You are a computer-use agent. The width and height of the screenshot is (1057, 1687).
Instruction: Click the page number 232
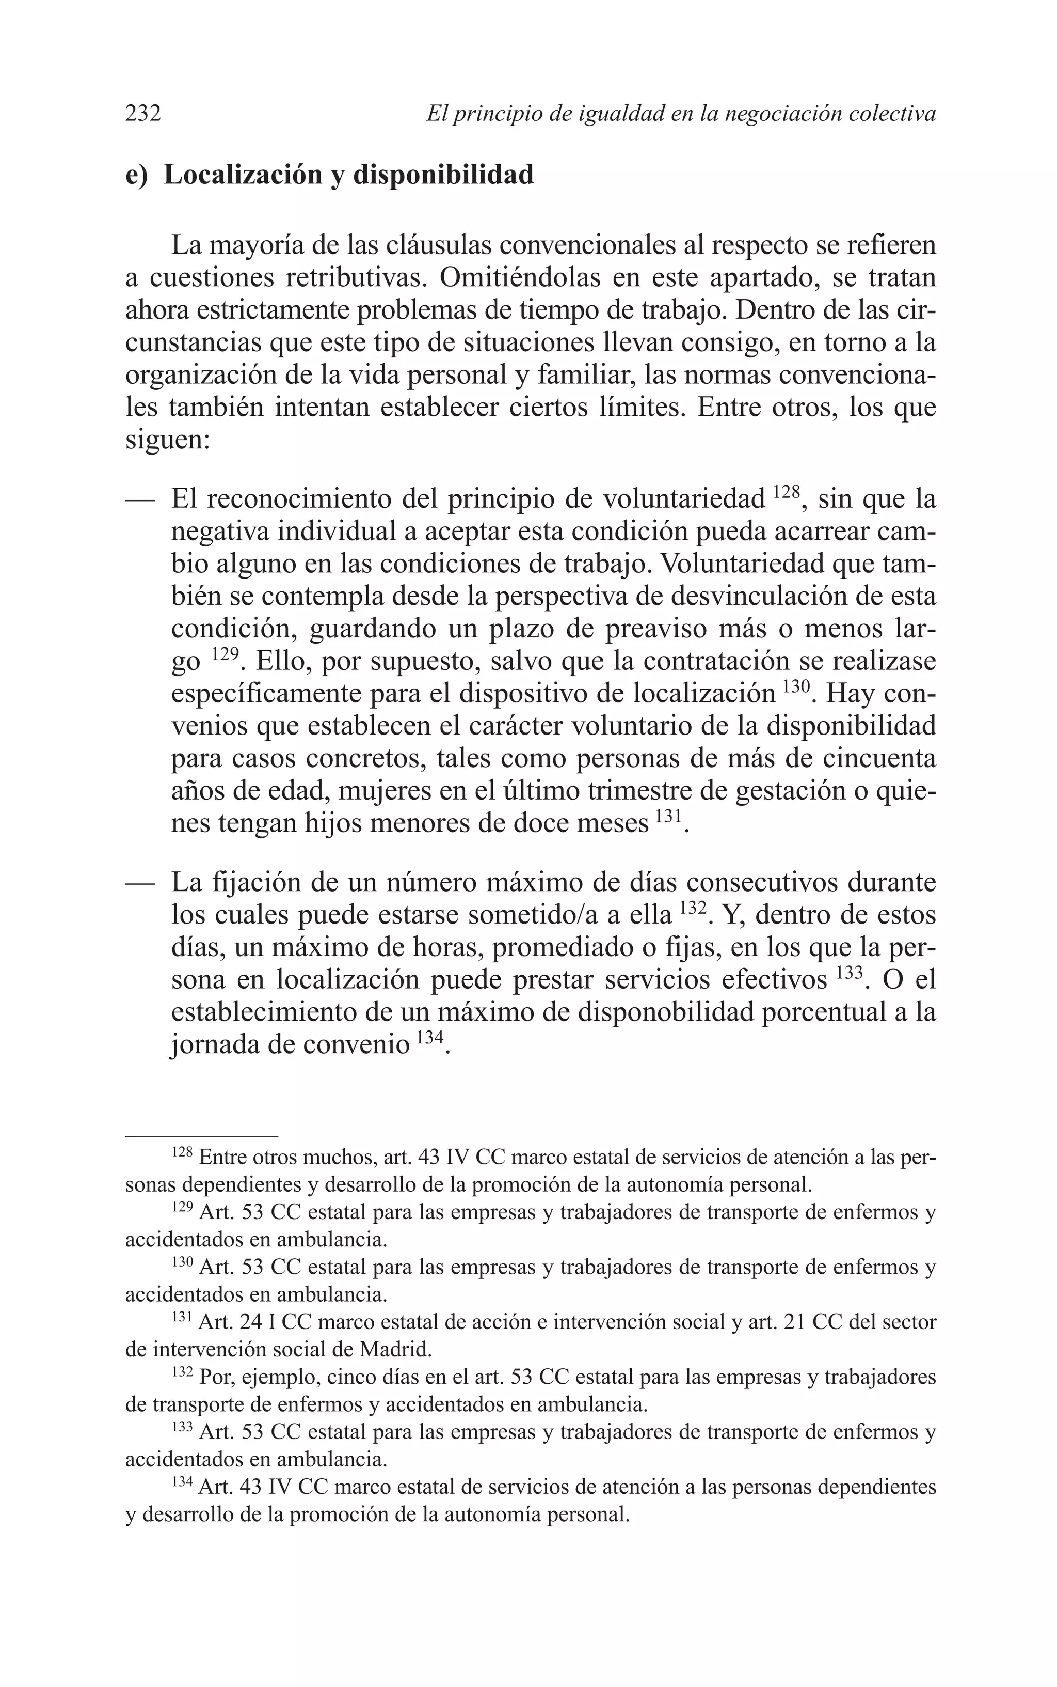(x=143, y=113)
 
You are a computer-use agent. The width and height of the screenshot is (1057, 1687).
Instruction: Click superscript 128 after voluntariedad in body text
(x=787, y=493)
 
